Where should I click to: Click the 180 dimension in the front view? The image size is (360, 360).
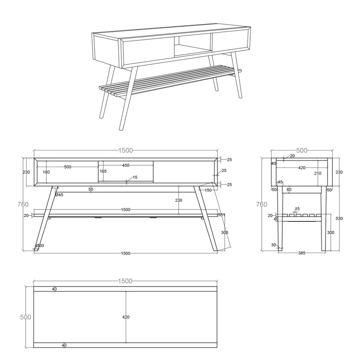46,172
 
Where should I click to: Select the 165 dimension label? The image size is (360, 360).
103,171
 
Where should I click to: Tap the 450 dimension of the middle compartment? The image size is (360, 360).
126,165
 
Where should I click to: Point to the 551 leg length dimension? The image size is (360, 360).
222,215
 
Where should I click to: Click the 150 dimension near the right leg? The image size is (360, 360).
208,190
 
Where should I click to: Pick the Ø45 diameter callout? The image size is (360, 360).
59,195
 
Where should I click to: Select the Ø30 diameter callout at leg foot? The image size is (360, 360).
40,246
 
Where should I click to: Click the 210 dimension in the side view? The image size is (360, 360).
318,173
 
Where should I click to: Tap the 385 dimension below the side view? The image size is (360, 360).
302,253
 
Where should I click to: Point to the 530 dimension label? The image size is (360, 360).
339,219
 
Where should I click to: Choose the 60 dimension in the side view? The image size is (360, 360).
289,189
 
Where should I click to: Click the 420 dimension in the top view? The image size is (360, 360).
126,317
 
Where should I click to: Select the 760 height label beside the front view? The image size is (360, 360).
23,205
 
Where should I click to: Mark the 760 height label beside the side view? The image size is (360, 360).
261,205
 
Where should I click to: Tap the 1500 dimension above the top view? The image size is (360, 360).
125,281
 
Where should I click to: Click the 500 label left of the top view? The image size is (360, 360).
25,317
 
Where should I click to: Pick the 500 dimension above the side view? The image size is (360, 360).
302,150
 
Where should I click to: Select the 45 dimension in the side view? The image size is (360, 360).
280,182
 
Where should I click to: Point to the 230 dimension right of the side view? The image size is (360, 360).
339,172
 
